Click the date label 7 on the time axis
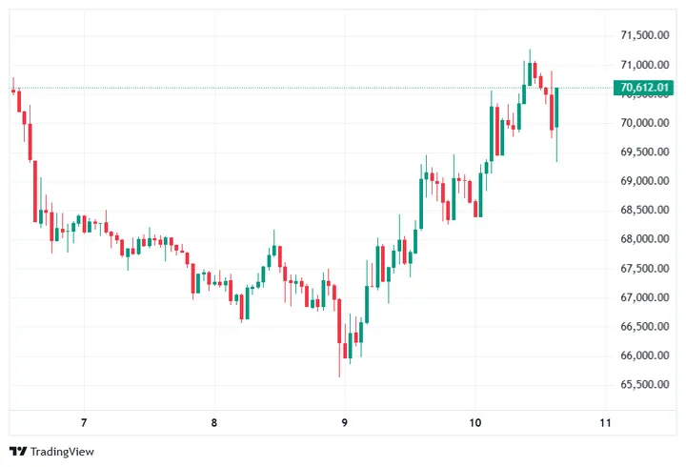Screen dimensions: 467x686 tap(84, 423)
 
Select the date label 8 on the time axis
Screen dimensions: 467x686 tap(214, 423)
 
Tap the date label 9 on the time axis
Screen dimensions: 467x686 tap(345, 423)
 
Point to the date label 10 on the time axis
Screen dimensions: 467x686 tap(475, 423)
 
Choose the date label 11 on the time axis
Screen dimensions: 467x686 tap(605, 423)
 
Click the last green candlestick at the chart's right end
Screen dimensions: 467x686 tap(556, 107)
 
